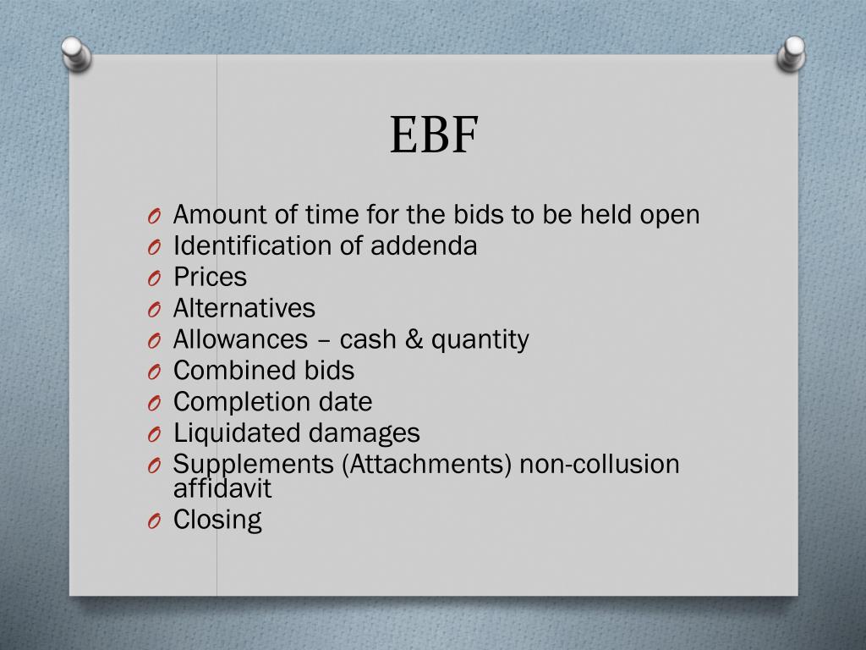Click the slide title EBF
[x=434, y=135]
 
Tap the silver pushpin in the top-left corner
[x=75, y=53]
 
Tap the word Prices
[x=210, y=278]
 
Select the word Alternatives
[x=244, y=308]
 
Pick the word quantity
[x=480, y=340]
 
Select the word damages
[x=364, y=433]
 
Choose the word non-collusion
[x=600, y=464]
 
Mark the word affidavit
[x=222, y=488]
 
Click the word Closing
[x=217, y=520]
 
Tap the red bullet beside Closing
[x=153, y=522]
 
